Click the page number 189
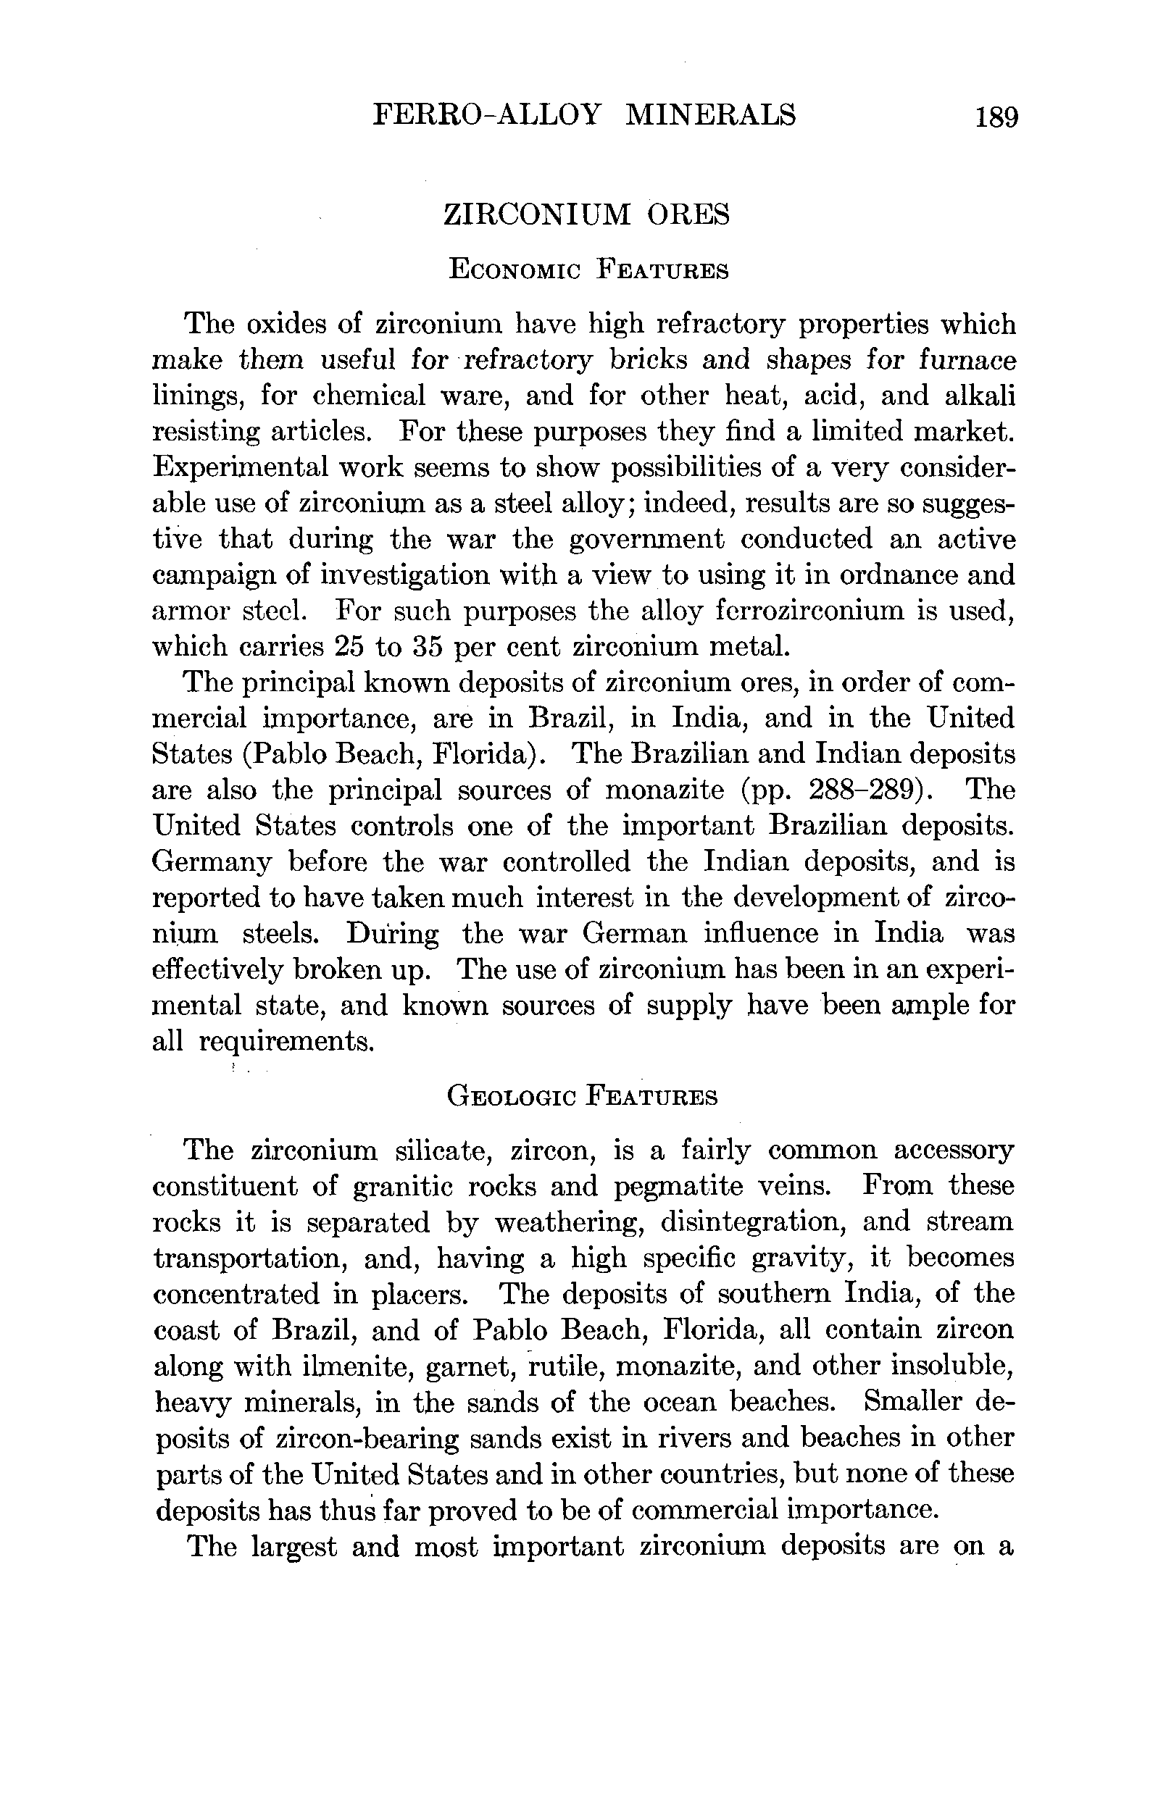[x=997, y=117]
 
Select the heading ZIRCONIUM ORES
[x=586, y=214]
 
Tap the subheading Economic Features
[x=588, y=270]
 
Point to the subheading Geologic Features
[x=582, y=1097]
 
